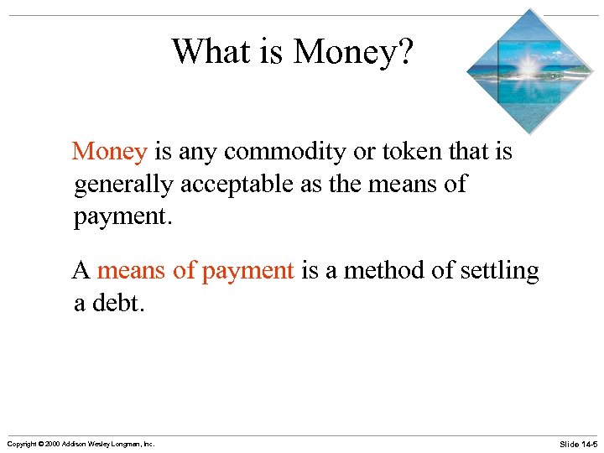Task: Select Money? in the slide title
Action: click(x=353, y=53)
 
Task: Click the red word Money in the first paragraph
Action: click(x=110, y=152)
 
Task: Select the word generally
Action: click(x=124, y=185)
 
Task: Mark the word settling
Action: click(x=500, y=272)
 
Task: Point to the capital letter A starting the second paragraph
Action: click(x=81, y=270)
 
